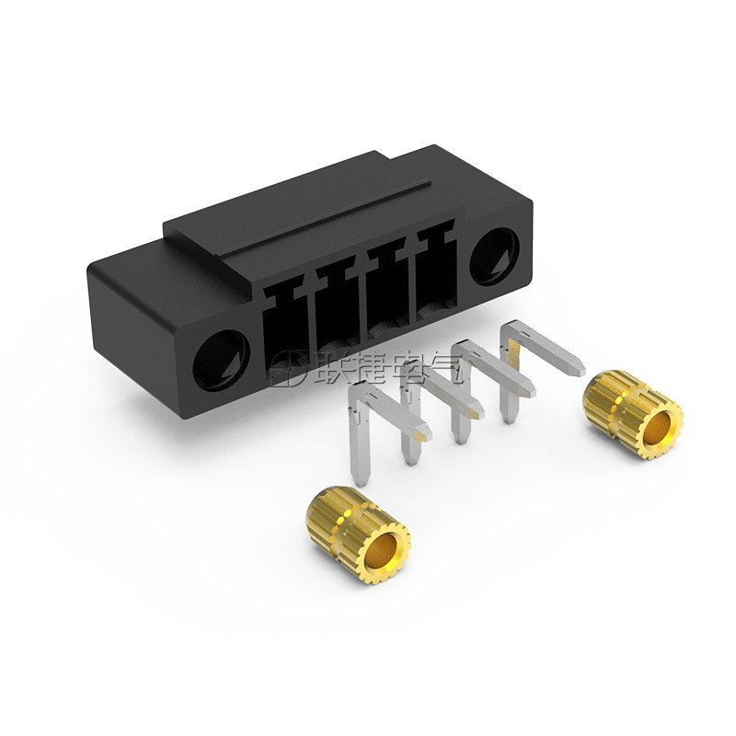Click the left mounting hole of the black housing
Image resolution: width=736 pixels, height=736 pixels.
pyautogui.click(x=221, y=361)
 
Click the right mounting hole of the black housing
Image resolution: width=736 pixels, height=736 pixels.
pyautogui.click(x=494, y=257)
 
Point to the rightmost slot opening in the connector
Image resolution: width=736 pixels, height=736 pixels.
pyautogui.click(x=436, y=271)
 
